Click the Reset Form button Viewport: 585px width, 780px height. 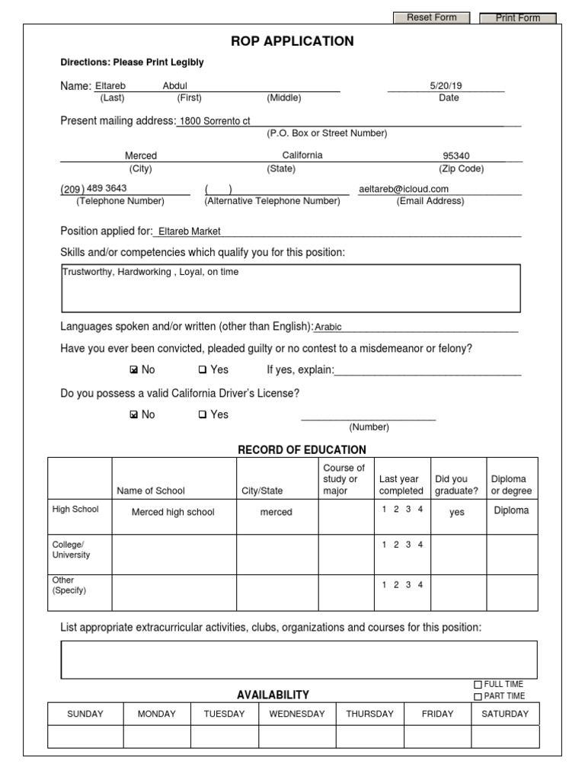(x=431, y=18)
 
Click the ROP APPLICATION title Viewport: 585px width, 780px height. (x=292, y=41)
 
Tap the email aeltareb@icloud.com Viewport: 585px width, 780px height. (x=404, y=189)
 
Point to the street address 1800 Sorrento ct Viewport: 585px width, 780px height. (x=215, y=121)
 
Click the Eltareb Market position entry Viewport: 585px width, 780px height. (x=189, y=232)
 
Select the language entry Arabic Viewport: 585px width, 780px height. (x=328, y=327)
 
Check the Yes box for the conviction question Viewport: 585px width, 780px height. (x=203, y=370)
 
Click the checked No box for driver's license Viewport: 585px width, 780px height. (x=134, y=415)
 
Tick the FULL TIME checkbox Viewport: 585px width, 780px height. (x=478, y=685)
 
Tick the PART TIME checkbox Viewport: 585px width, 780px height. (x=478, y=696)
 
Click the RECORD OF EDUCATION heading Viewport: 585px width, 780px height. (x=302, y=449)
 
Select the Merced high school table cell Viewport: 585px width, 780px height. (x=174, y=513)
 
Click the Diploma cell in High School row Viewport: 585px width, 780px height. (x=511, y=510)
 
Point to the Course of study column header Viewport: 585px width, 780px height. (x=344, y=479)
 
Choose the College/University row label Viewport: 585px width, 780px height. (x=71, y=550)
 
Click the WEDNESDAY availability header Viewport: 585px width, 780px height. (x=296, y=714)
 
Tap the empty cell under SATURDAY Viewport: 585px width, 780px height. (x=504, y=737)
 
